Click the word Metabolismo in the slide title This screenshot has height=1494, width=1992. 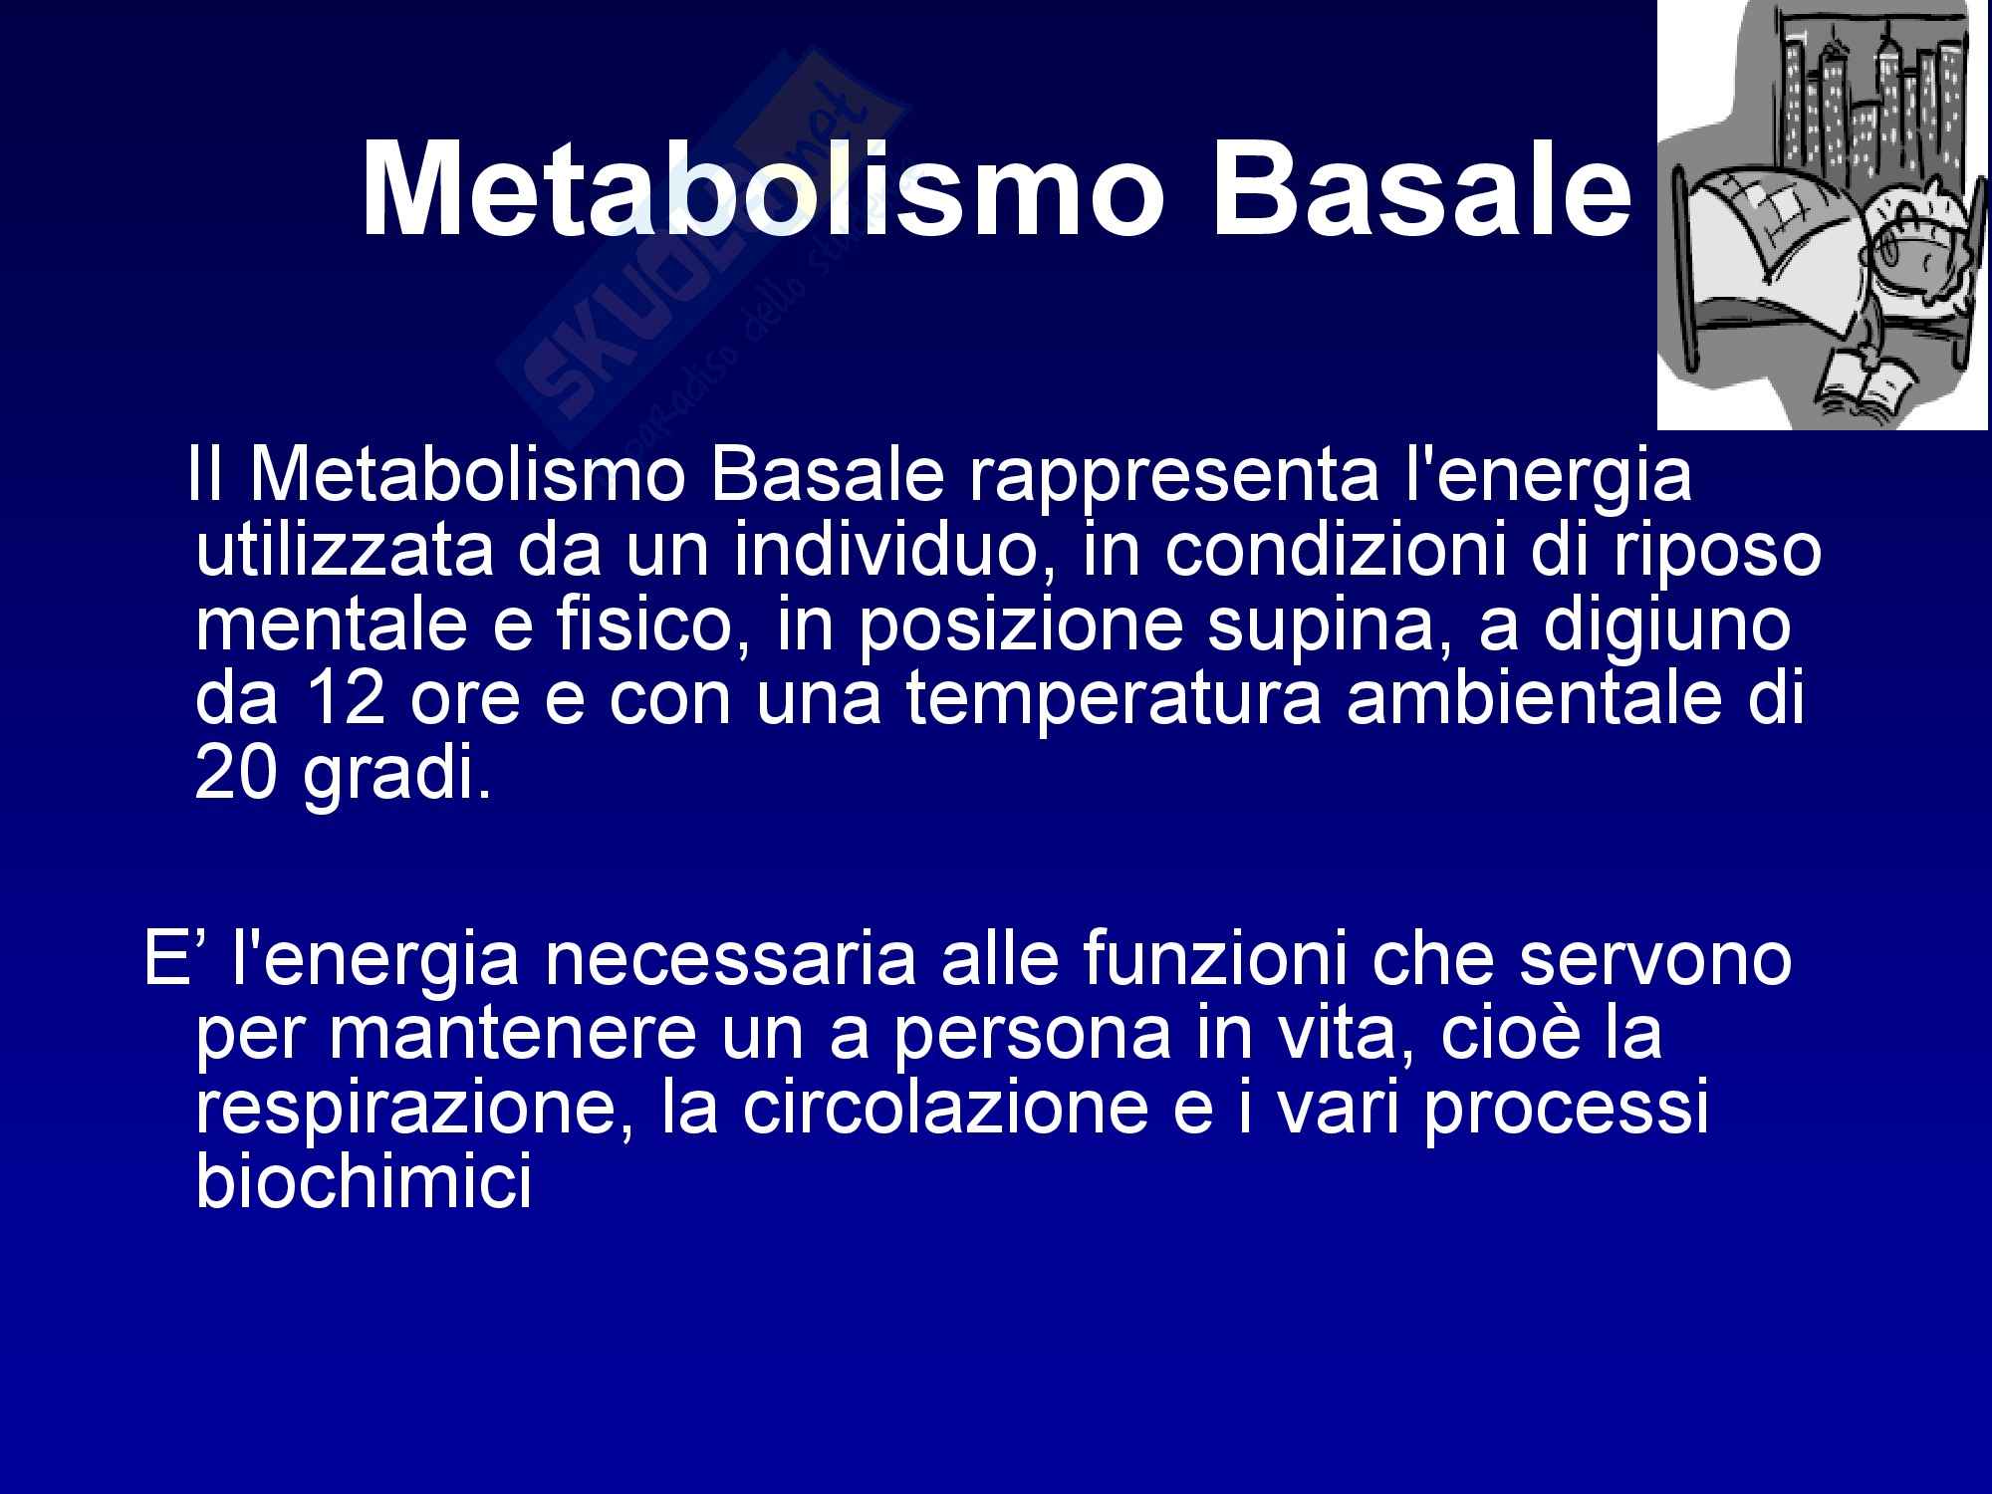[x=761, y=189]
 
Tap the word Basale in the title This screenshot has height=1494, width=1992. [x=1420, y=189]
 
